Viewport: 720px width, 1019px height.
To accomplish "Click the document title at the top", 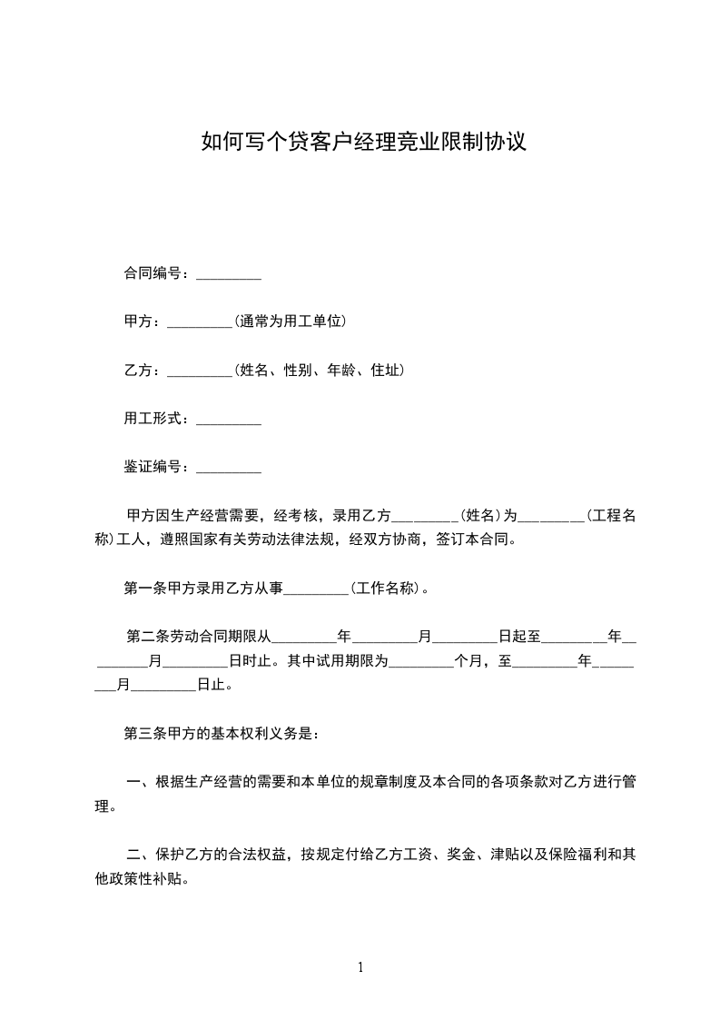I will click(x=363, y=143).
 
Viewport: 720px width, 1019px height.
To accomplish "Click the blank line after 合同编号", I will click(x=229, y=273).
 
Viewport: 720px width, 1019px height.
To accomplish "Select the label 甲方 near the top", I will click(x=138, y=322).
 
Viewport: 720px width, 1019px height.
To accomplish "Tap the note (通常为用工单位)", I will click(x=291, y=322).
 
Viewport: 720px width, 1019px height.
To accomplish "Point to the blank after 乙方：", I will click(x=201, y=371).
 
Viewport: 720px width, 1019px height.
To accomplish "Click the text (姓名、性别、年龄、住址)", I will click(x=319, y=371).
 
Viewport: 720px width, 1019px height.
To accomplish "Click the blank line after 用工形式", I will click(x=229, y=419).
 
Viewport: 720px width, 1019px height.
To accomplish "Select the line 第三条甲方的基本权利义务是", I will click(x=221, y=733).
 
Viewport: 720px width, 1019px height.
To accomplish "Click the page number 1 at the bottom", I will click(x=360, y=967).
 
